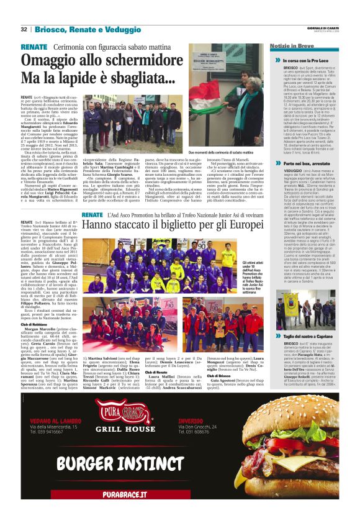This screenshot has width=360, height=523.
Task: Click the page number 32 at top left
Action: coord(24,29)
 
